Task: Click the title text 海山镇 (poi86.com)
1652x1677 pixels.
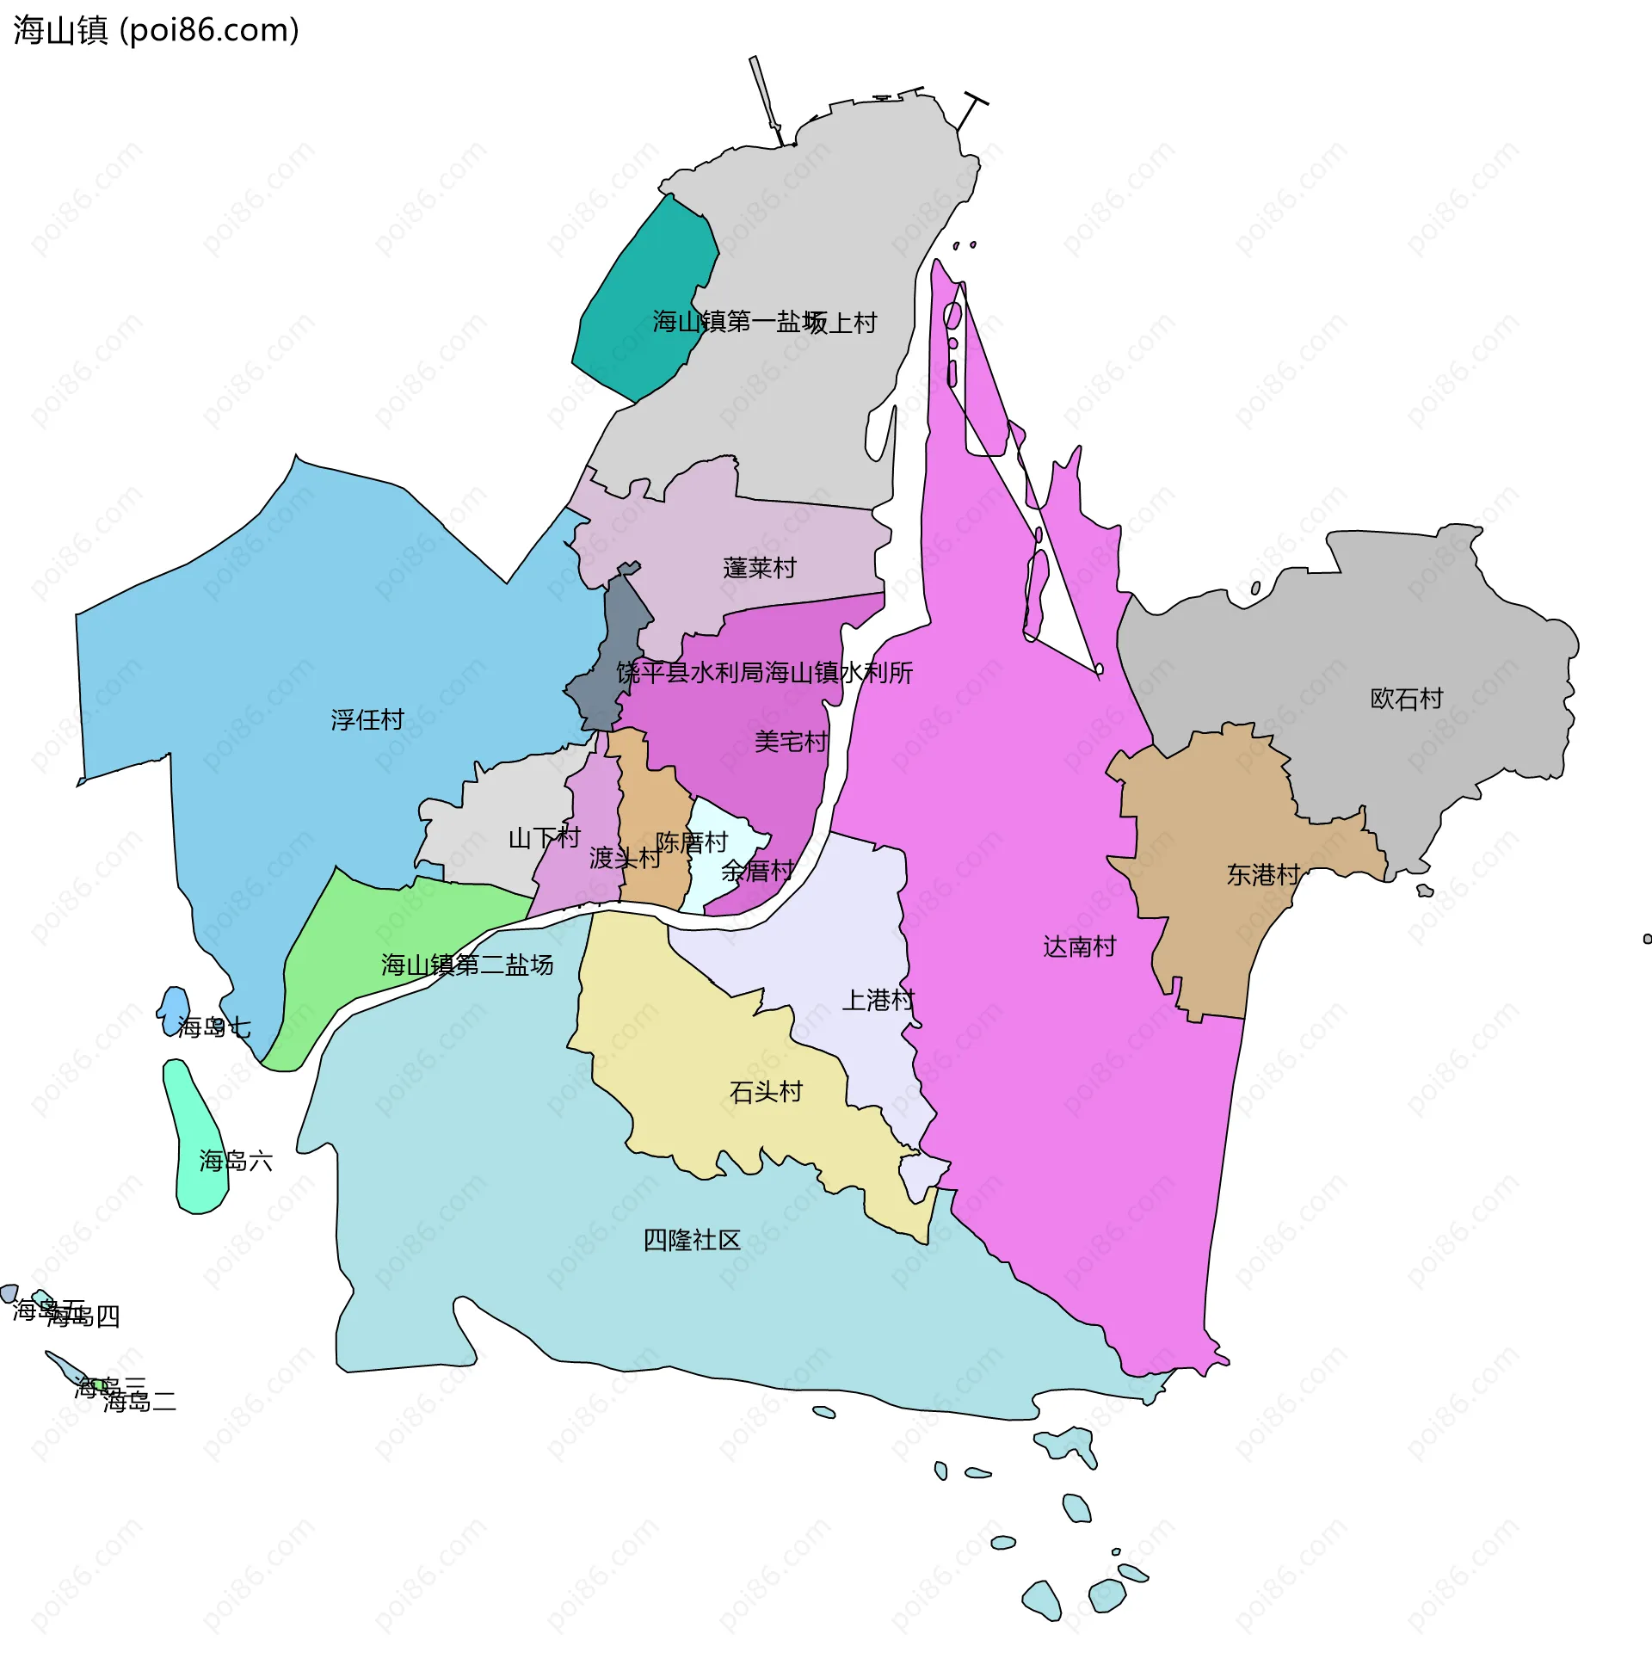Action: tap(157, 30)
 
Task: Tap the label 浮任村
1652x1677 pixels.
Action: tap(367, 720)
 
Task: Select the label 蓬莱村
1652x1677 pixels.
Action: tap(759, 568)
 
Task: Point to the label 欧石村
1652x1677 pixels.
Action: tap(1406, 699)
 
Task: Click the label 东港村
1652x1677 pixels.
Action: tap(1262, 874)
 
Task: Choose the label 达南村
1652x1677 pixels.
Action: tap(1079, 946)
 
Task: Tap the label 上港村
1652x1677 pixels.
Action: tap(878, 1001)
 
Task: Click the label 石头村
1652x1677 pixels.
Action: tap(766, 1091)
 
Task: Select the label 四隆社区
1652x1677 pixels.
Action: tap(692, 1241)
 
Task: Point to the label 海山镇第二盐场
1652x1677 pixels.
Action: tap(467, 965)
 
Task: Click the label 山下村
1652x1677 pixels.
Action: tap(544, 838)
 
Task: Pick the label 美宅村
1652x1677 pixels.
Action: tap(791, 742)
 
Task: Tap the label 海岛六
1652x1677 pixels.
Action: tap(236, 1161)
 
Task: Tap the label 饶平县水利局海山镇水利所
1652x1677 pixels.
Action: tap(764, 672)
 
